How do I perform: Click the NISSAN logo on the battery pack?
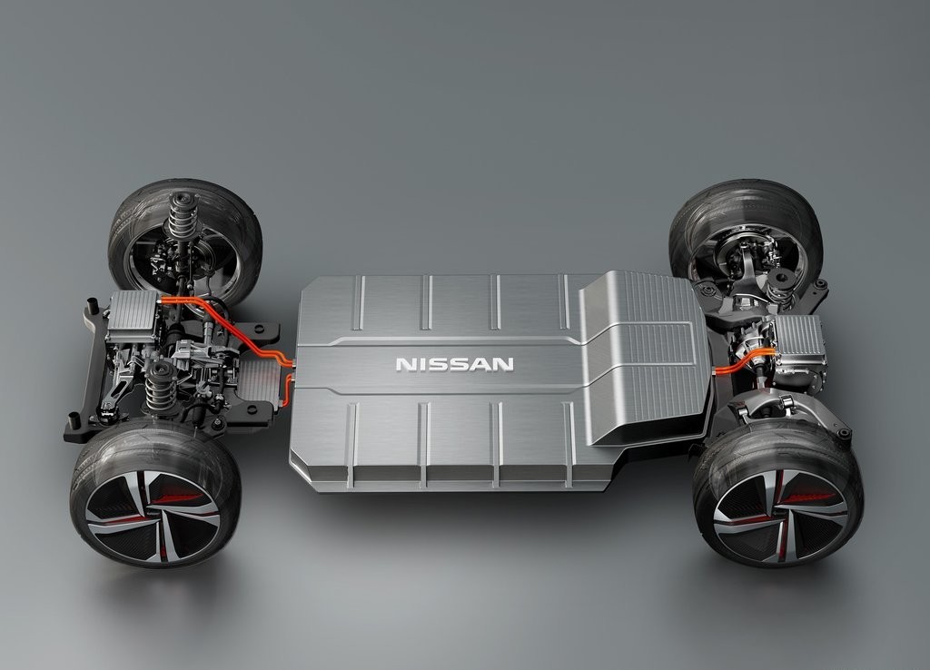pyautogui.click(x=455, y=364)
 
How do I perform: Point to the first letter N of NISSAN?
pyautogui.click(x=405, y=364)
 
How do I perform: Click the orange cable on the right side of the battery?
pyautogui.click(x=741, y=362)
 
